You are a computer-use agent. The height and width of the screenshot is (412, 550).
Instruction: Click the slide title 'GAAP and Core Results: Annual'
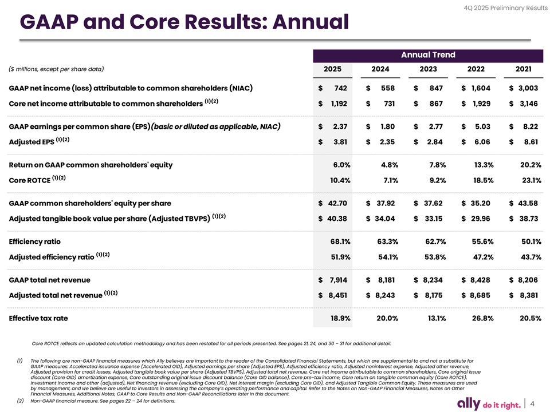183,23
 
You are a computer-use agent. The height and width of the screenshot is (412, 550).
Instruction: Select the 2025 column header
333,69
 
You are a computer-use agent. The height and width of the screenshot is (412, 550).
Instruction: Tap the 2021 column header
523,69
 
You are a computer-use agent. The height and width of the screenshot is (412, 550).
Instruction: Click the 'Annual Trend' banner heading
428,55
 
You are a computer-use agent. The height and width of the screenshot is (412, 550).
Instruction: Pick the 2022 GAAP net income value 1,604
480,88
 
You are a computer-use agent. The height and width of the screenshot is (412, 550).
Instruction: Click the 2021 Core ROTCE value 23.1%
529,180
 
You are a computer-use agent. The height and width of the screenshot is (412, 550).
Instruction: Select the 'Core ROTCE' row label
30,181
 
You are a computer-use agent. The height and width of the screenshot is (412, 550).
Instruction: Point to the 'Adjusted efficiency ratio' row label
52,257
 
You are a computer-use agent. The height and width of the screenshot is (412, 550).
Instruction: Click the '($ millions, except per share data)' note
56,69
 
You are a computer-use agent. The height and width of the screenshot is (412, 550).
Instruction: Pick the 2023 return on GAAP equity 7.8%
437,165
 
